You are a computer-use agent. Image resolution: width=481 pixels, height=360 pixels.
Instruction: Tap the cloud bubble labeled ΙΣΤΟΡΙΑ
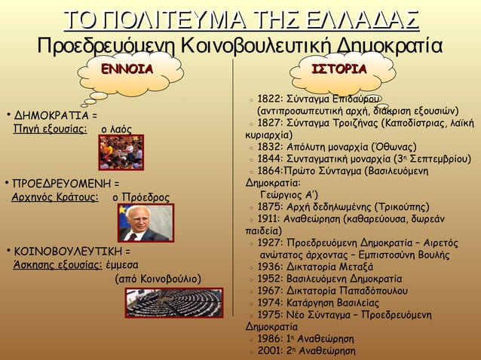point(339,71)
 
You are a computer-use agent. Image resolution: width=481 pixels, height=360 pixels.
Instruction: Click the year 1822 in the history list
point(270,99)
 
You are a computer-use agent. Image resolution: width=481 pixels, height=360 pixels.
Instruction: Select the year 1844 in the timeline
point(270,158)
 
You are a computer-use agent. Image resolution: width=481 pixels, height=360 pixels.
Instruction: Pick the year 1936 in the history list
point(270,266)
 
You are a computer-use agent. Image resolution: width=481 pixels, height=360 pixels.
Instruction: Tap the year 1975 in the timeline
point(270,314)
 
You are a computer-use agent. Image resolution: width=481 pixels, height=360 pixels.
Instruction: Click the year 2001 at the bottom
point(270,350)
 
